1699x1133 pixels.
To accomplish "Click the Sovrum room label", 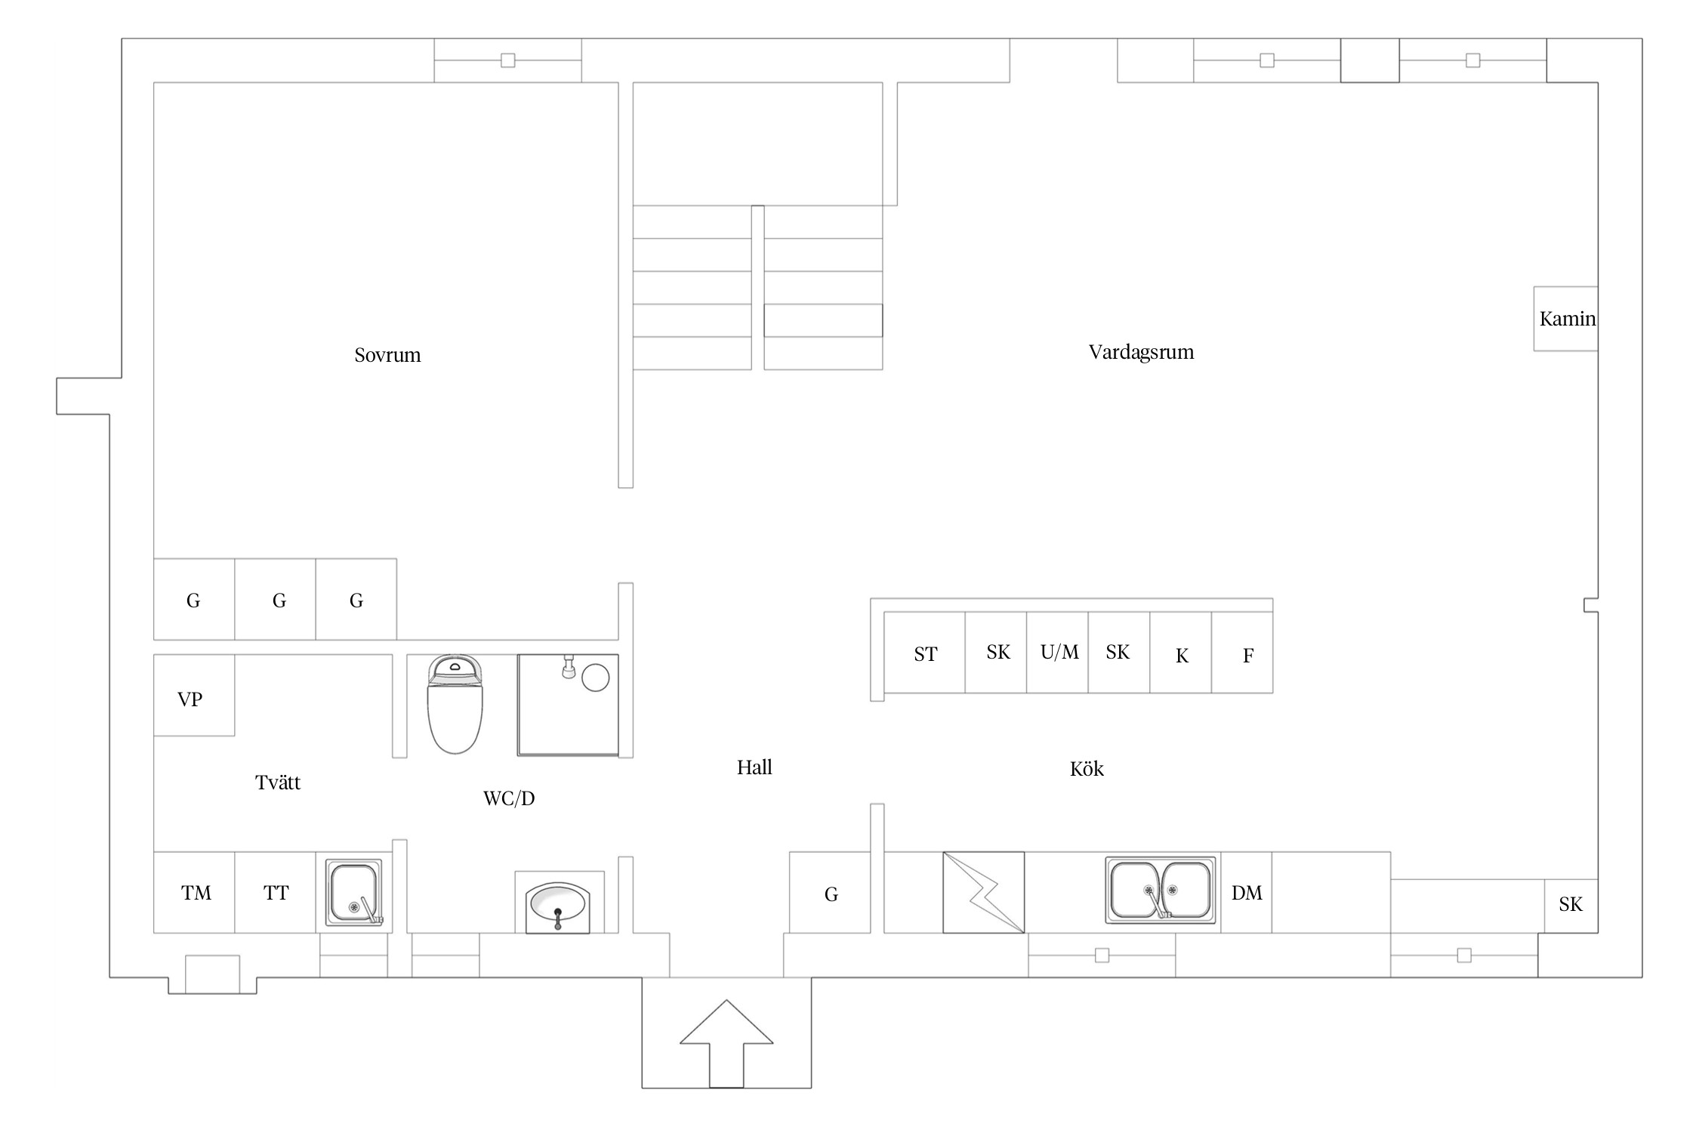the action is click(387, 355).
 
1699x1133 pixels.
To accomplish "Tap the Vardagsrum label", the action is click(1141, 352).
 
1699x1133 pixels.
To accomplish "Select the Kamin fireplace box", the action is click(1565, 319).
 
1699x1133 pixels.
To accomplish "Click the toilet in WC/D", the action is click(455, 704).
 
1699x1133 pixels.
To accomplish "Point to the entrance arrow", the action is click(726, 1044).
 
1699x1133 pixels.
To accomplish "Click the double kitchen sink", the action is click(1161, 890).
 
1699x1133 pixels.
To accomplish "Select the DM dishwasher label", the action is click(1247, 894).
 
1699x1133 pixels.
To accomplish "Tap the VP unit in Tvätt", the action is click(194, 696).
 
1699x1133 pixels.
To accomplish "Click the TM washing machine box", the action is click(194, 893).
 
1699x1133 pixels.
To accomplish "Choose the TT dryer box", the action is click(275, 893).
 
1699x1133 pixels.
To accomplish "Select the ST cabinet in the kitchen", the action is click(924, 653).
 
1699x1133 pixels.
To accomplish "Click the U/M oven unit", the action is click(1057, 653).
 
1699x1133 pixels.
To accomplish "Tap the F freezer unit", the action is click(1242, 653).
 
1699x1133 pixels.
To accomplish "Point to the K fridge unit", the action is click(1181, 653).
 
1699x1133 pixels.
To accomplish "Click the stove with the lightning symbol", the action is click(984, 892).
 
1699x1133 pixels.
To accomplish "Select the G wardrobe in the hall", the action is click(830, 893).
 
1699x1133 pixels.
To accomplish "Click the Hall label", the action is click(754, 767).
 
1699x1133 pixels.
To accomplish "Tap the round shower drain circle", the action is click(596, 678).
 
